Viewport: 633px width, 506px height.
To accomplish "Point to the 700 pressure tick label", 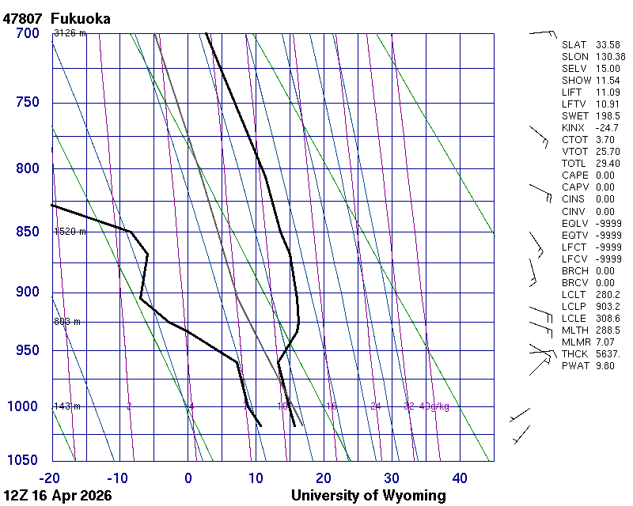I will point(27,33).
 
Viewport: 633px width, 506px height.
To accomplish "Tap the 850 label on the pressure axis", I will point(27,232).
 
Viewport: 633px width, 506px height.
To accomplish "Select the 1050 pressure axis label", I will point(24,460).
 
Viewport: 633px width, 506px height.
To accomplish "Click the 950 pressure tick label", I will point(27,350).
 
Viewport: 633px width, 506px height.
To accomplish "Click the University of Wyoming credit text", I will point(368,496).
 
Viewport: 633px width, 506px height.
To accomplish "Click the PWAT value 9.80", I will point(605,366).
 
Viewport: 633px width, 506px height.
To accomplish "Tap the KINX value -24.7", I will point(607,128).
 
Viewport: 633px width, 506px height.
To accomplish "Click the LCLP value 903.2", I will point(607,307).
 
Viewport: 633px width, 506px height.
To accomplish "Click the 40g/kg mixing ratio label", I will point(434,406).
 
